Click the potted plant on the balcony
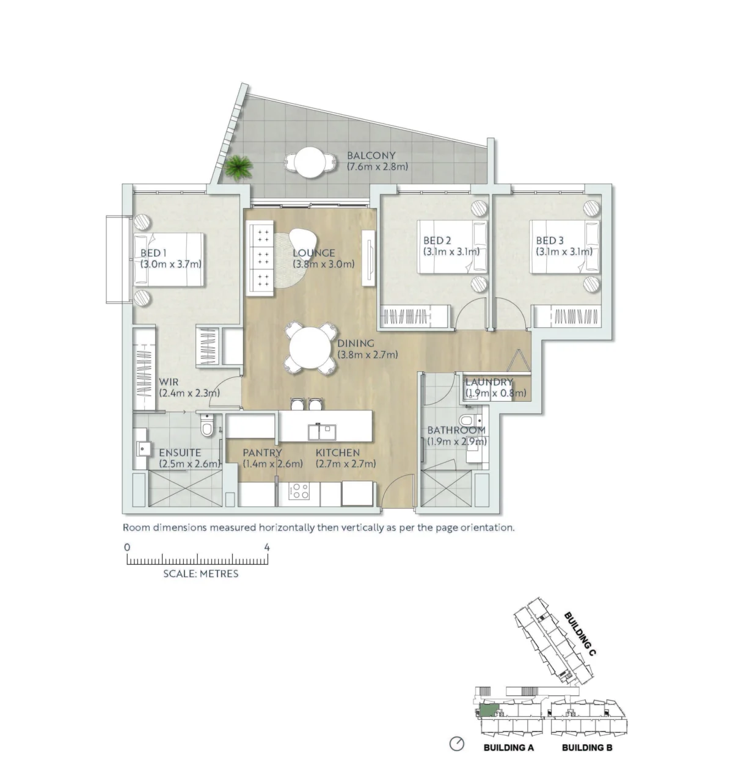pyautogui.click(x=238, y=167)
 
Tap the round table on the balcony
pyautogui.click(x=310, y=162)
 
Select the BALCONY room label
pyautogui.click(x=371, y=156)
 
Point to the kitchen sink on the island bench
pyautogui.click(x=322, y=432)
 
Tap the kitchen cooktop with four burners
pyautogui.click(x=299, y=491)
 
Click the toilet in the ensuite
pyautogui.click(x=207, y=425)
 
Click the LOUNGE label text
pyautogui.click(x=314, y=253)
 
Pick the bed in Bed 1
pyautogui.click(x=169, y=259)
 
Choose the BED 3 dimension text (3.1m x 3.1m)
pyautogui.click(x=564, y=252)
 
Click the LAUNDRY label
pyautogui.click(x=489, y=382)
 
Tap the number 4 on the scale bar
pyautogui.click(x=267, y=547)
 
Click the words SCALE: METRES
pyautogui.click(x=200, y=574)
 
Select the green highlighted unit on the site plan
pyautogui.click(x=489, y=710)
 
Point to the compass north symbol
pyautogui.click(x=457, y=743)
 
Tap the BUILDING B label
pyautogui.click(x=587, y=747)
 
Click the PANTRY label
pyautogui.click(x=262, y=452)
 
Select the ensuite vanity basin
pyautogui.click(x=144, y=448)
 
